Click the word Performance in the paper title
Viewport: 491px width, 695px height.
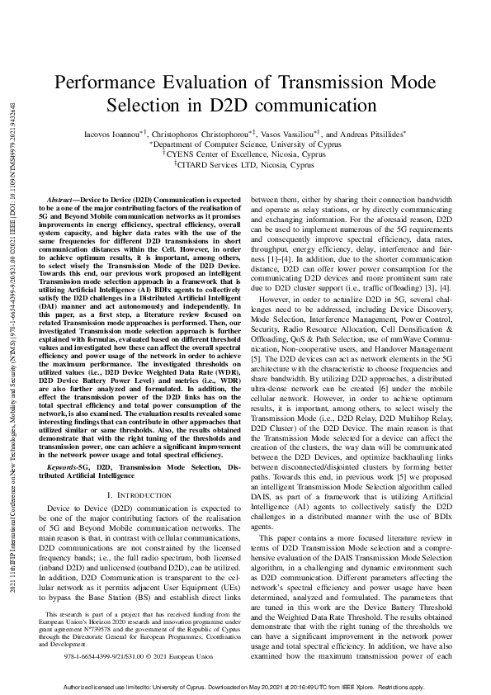click(112, 83)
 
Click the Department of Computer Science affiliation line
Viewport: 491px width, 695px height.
click(246, 143)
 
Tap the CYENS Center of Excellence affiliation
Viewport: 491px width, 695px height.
click(246, 154)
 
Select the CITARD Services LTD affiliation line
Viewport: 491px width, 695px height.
click(246, 164)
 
